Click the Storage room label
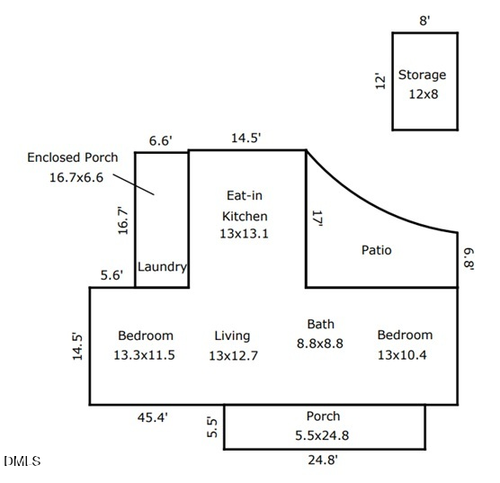[x=422, y=76]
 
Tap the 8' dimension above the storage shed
[x=424, y=21]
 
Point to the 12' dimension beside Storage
[x=380, y=81]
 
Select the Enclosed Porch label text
[x=72, y=157]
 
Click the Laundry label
[x=162, y=267]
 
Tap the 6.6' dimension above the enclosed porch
[x=161, y=140]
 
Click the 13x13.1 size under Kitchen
[x=244, y=234]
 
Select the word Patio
[x=376, y=250]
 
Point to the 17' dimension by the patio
[x=317, y=219]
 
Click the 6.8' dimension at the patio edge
[x=469, y=259]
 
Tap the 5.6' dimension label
[x=112, y=275]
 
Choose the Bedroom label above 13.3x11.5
[x=146, y=335]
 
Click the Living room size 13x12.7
[x=233, y=355]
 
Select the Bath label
[x=321, y=324]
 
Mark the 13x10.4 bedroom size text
[x=402, y=355]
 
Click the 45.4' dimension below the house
[x=152, y=417]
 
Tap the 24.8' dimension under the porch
[x=323, y=460]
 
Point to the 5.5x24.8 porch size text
[x=322, y=435]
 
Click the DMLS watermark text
[x=22, y=461]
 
